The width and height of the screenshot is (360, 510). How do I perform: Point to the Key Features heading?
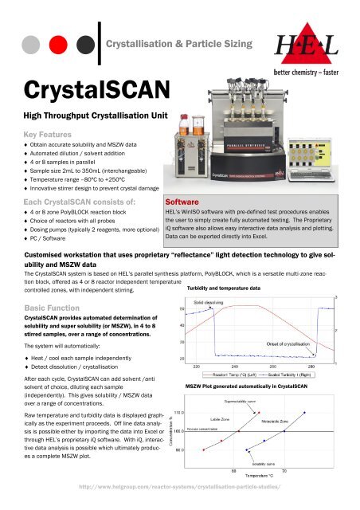44,135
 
